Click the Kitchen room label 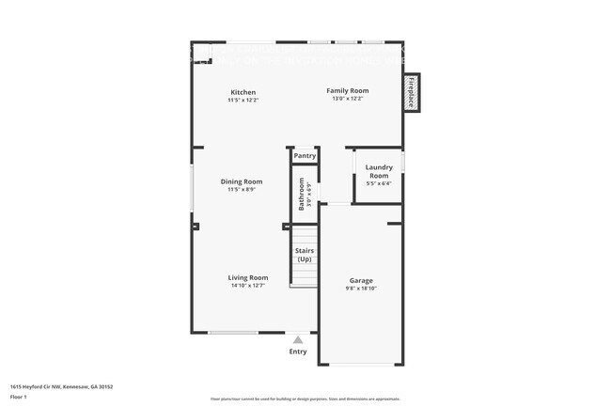[x=243, y=92]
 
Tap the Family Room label [x=346, y=90]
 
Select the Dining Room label [x=242, y=181]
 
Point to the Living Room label [x=248, y=277]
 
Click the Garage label [x=361, y=280]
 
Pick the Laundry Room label [x=379, y=171]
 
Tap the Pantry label [x=305, y=156]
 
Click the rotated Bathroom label [x=302, y=193]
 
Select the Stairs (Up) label [x=305, y=255]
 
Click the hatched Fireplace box [x=411, y=92]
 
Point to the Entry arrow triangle [x=298, y=340]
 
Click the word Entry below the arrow [x=298, y=352]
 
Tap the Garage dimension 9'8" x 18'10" [x=361, y=290]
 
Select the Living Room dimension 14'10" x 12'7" [x=248, y=287]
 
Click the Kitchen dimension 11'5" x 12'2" [x=243, y=100]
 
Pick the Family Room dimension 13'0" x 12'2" [x=346, y=98]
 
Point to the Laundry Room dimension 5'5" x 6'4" [x=378, y=183]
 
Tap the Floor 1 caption [x=18, y=396]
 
